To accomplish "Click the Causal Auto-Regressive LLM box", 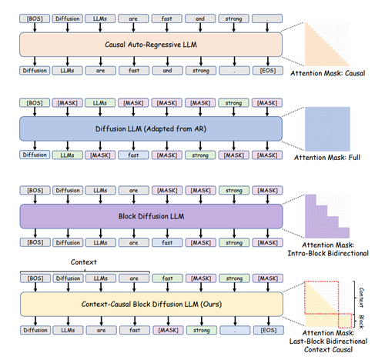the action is pos(151,45).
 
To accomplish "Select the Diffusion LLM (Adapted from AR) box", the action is pos(151,128).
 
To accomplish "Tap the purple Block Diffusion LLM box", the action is pos(151,216).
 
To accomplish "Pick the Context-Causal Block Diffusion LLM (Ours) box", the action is pos(152,304).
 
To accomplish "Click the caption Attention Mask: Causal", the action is pos(327,73).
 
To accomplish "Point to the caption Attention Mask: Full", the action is pos(327,158).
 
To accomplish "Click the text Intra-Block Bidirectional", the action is pos(328,253).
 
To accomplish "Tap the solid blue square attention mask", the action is pos(327,129).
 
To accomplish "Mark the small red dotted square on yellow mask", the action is pos(345,321).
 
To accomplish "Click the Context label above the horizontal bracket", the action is pos(84,262).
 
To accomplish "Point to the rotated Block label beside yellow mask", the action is pos(361,322).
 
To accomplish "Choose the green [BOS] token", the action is pos(35,103).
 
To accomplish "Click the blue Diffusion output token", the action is pos(35,155).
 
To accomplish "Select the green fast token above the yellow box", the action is pos(168,278).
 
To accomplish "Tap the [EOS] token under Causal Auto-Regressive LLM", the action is pos(268,71).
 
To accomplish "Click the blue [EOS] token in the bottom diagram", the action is pos(269,330).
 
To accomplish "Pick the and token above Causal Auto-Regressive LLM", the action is pos(200,18).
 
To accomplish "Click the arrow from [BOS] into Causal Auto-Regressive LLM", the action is pos(35,28).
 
